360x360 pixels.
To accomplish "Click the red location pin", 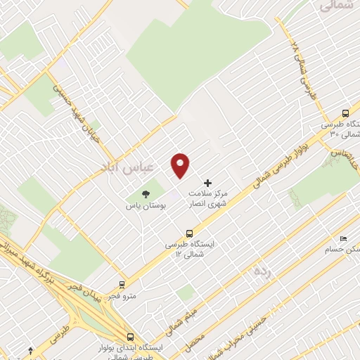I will point(181,165).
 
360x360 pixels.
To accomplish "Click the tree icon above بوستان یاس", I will point(146,193).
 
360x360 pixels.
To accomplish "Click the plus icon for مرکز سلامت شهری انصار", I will point(207,183).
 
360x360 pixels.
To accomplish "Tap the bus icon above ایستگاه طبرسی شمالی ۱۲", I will point(189,233).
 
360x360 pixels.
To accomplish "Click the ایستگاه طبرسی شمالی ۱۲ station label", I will point(189,247).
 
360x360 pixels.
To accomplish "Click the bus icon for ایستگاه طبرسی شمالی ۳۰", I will point(345,113).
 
